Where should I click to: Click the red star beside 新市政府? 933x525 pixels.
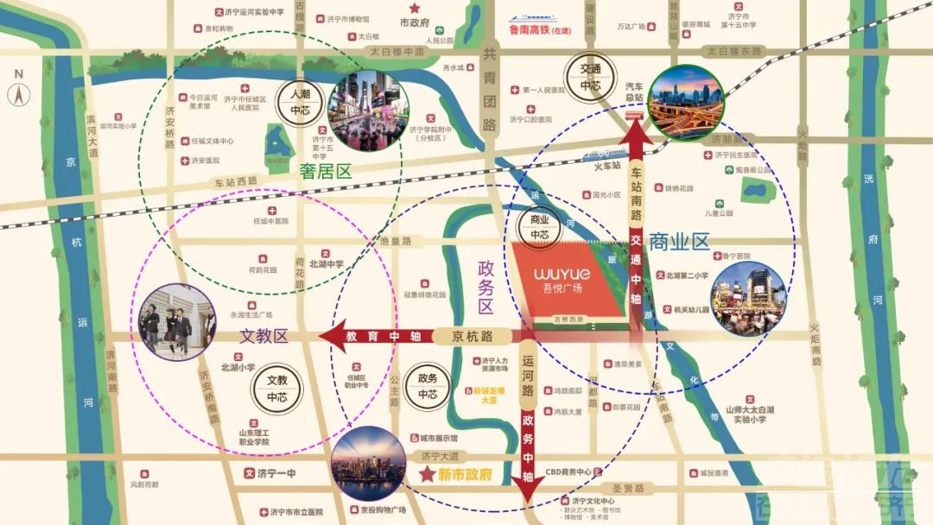(427, 474)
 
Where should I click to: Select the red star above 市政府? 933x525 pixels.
(416, 8)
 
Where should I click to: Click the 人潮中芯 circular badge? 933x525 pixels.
(299, 102)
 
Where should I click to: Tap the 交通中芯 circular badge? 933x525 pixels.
(589, 78)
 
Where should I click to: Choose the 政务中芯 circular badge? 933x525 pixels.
(428, 386)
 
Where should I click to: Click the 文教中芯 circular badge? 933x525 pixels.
(276, 389)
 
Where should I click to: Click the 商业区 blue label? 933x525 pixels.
(679, 241)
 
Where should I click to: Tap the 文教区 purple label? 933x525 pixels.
(264, 337)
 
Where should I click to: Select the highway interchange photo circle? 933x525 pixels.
(686, 102)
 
